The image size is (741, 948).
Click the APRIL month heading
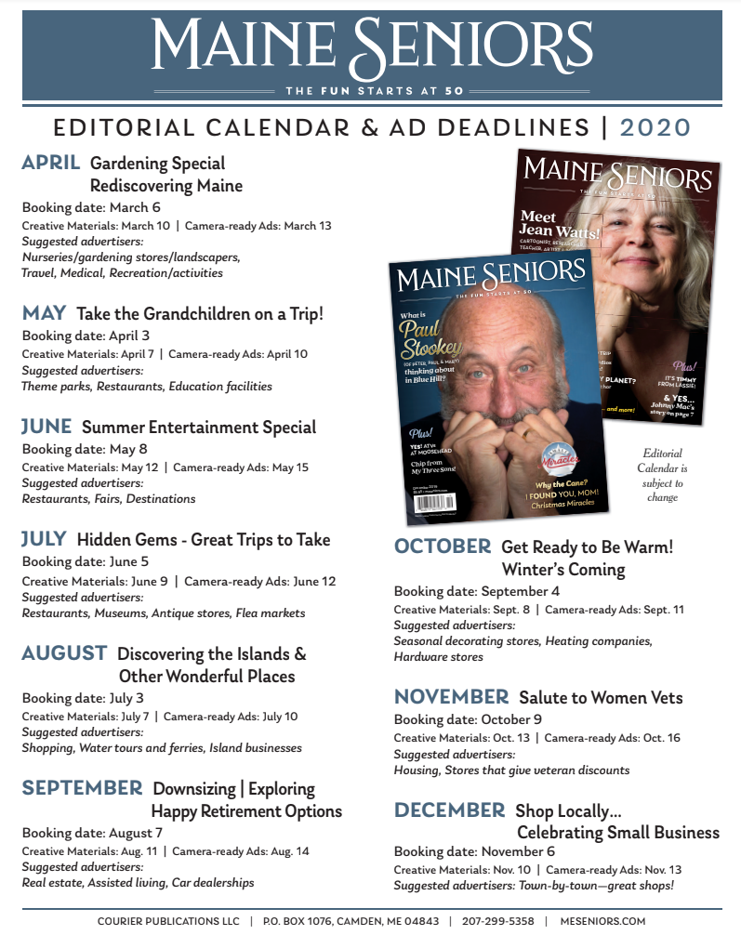click(x=51, y=164)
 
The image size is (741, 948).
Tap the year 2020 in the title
click(x=655, y=127)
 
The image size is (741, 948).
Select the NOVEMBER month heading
click(x=451, y=697)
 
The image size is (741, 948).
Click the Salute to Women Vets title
click(x=601, y=698)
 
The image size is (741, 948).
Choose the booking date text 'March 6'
click(x=135, y=207)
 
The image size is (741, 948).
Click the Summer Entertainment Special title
click(x=199, y=428)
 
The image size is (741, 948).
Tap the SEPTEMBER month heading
click(x=83, y=788)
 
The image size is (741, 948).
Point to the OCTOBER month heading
click(x=442, y=546)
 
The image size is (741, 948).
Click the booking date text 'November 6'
click(x=518, y=851)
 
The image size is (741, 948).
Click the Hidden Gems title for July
click(x=204, y=540)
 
